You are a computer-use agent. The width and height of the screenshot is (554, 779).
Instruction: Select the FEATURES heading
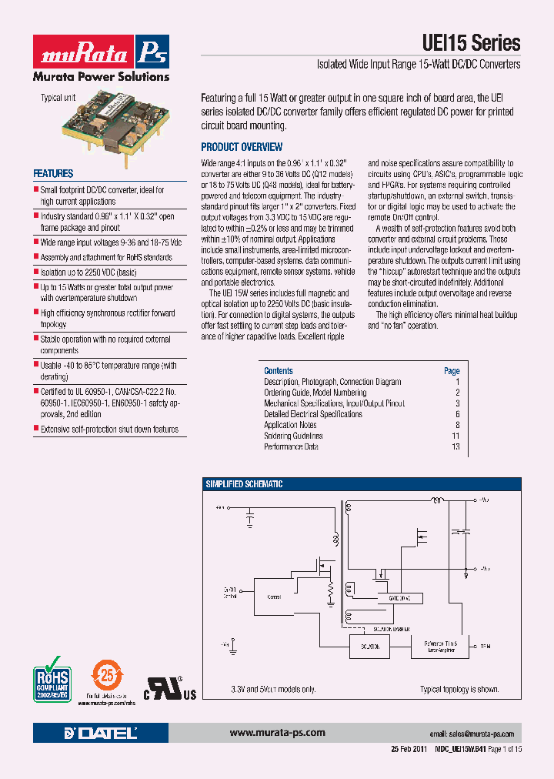[x=53, y=174]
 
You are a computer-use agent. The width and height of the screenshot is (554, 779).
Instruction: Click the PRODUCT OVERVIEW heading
[x=242, y=147]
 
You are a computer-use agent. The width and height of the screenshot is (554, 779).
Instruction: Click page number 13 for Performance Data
[x=456, y=446]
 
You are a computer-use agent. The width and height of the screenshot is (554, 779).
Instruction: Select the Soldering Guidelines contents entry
[x=293, y=436]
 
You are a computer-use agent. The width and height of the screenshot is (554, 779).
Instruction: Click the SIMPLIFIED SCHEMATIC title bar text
[x=244, y=484]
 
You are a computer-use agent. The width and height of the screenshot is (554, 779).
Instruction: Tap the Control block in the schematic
[x=274, y=597]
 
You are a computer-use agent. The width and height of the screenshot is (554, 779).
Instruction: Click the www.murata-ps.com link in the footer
[x=278, y=733]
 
